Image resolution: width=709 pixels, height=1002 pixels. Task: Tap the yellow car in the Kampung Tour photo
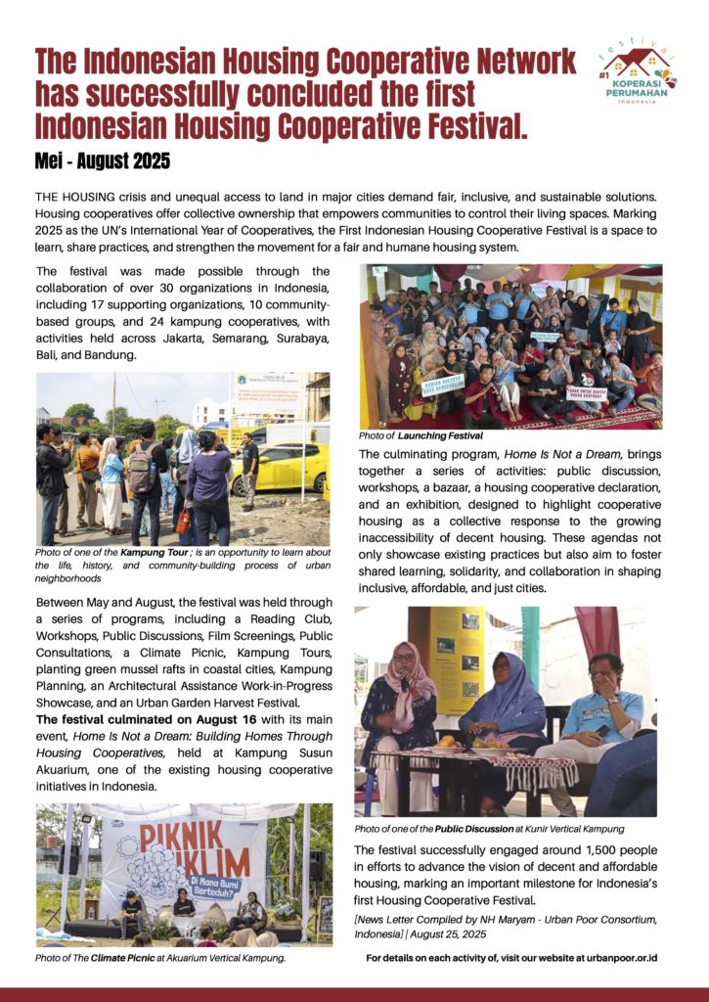click(x=280, y=469)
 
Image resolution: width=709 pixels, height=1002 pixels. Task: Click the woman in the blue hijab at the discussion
click(x=503, y=700)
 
